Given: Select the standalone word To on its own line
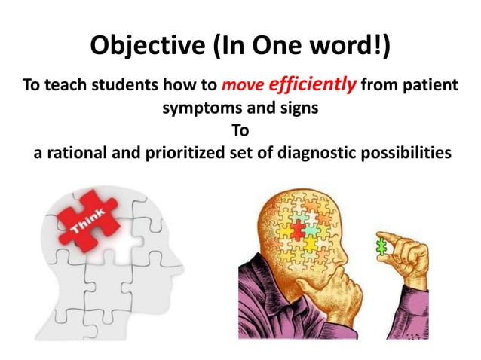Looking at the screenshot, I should point(240,130).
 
